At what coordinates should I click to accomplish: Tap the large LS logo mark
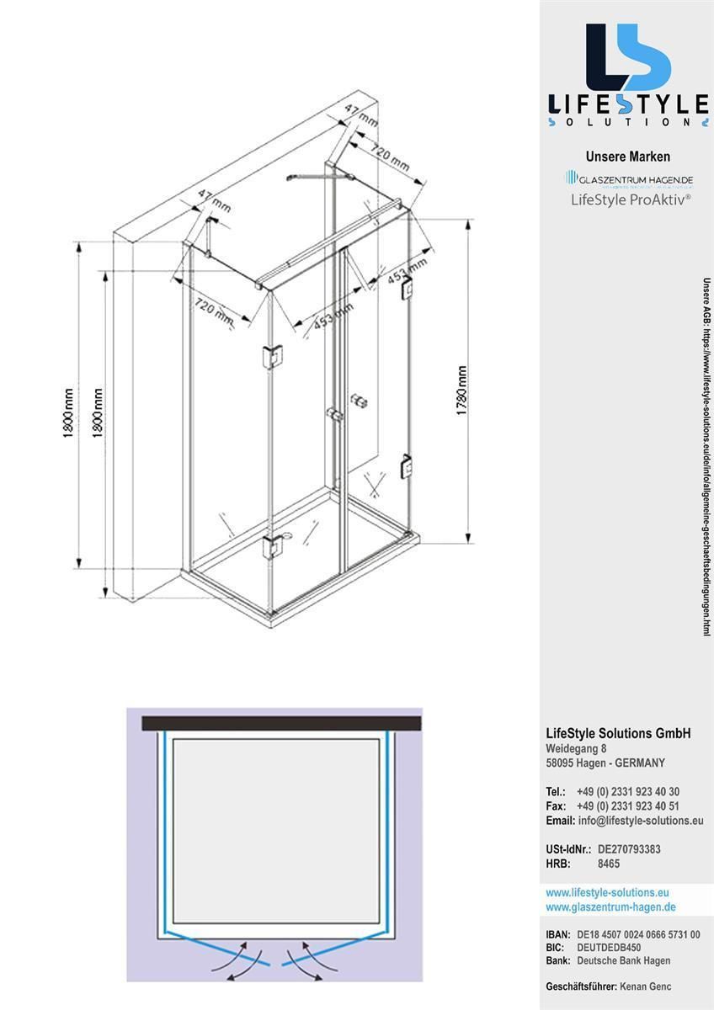pos(627,57)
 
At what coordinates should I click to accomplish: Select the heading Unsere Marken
pos(627,157)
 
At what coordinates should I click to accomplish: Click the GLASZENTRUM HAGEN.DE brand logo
pos(628,178)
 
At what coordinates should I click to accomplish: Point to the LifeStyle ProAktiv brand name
pos(631,199)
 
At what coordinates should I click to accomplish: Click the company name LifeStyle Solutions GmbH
pos(618,733)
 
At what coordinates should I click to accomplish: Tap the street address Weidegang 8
pos(576,748)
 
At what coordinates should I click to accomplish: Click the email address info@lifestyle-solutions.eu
pos(640,821)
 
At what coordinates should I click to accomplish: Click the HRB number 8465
pos(609,864)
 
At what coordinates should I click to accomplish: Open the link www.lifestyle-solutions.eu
pos(607,892)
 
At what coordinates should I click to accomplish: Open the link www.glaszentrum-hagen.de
pos(610,906)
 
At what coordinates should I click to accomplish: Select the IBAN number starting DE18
pos(638,935)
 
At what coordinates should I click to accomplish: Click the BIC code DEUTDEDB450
pos(609,948)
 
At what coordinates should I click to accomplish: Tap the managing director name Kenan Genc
pos(645,986)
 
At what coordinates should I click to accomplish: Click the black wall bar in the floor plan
pos(281,723)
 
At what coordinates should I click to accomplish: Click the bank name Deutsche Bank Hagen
pos(623,960)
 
